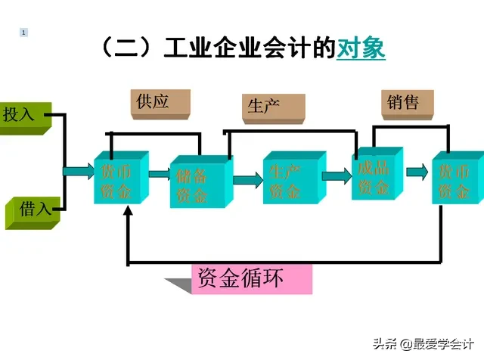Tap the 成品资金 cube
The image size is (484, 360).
coord(374,175)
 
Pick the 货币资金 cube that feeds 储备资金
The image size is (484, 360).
coord(119,180)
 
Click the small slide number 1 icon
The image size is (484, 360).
coord(24,32)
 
